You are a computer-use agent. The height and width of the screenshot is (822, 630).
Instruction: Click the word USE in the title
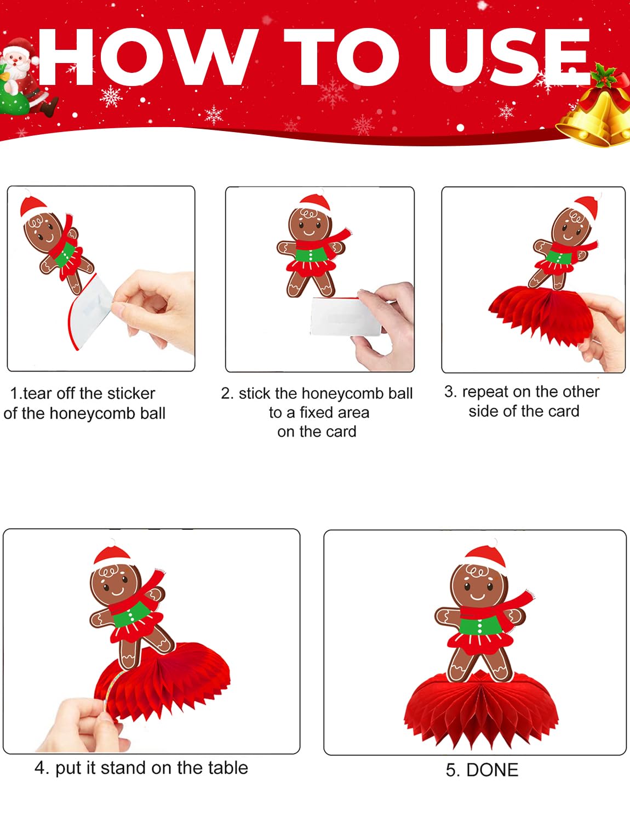(509, 57)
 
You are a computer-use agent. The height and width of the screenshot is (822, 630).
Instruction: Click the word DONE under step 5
(492, 770)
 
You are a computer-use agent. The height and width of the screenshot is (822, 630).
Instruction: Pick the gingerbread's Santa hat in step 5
(485, 557)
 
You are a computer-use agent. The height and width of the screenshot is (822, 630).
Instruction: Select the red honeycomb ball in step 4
(163, 681)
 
